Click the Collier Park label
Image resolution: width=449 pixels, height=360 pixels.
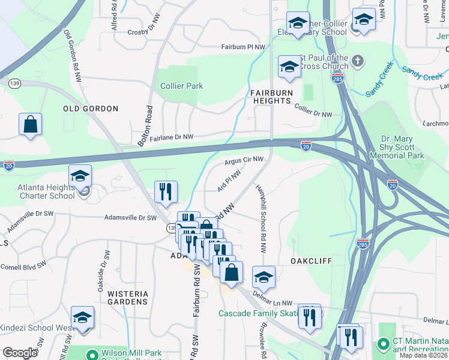coord(181,86)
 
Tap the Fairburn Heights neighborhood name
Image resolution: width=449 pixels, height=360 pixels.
coord(271,97)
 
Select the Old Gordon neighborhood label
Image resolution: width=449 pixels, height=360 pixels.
coord(91,109)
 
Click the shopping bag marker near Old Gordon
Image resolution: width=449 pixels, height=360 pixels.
coord(30,125)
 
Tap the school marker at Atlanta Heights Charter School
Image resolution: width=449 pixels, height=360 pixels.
coord(79,176)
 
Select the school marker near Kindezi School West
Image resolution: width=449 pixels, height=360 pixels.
coord(82,318)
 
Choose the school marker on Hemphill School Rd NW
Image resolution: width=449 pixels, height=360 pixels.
coord(263,277)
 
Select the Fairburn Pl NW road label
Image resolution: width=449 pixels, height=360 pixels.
coord(243,46)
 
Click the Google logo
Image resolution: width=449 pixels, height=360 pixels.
coord(20,353)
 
